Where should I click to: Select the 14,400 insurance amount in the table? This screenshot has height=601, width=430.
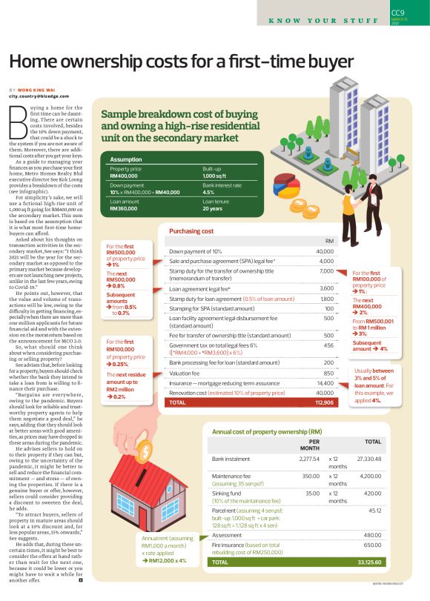(323, 382)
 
